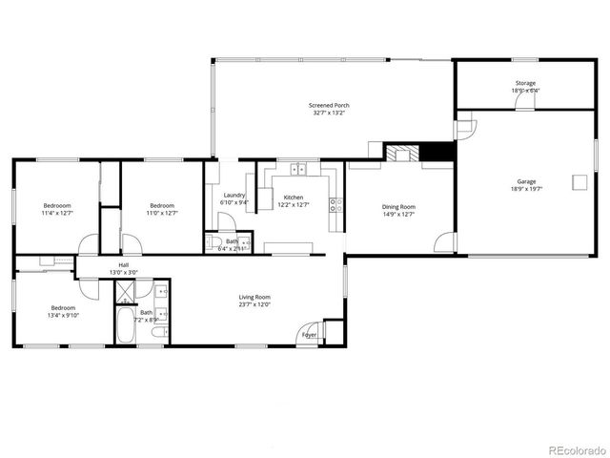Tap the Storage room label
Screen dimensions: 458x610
coord(525,83)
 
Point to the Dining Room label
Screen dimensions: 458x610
coord(398,206)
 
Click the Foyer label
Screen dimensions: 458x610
coord(309,335)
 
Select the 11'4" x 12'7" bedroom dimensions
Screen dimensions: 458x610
coord(57,213)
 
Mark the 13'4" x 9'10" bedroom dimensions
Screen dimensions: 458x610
coord(63,315)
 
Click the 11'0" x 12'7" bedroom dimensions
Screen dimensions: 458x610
coord(162,213)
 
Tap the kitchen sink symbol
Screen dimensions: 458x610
coord(298,171)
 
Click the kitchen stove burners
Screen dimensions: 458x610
coord(335,203)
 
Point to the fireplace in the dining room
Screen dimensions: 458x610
coord(401,153)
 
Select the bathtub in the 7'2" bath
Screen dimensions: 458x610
coord(126,324)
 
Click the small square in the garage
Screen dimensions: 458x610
coord(579,182)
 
